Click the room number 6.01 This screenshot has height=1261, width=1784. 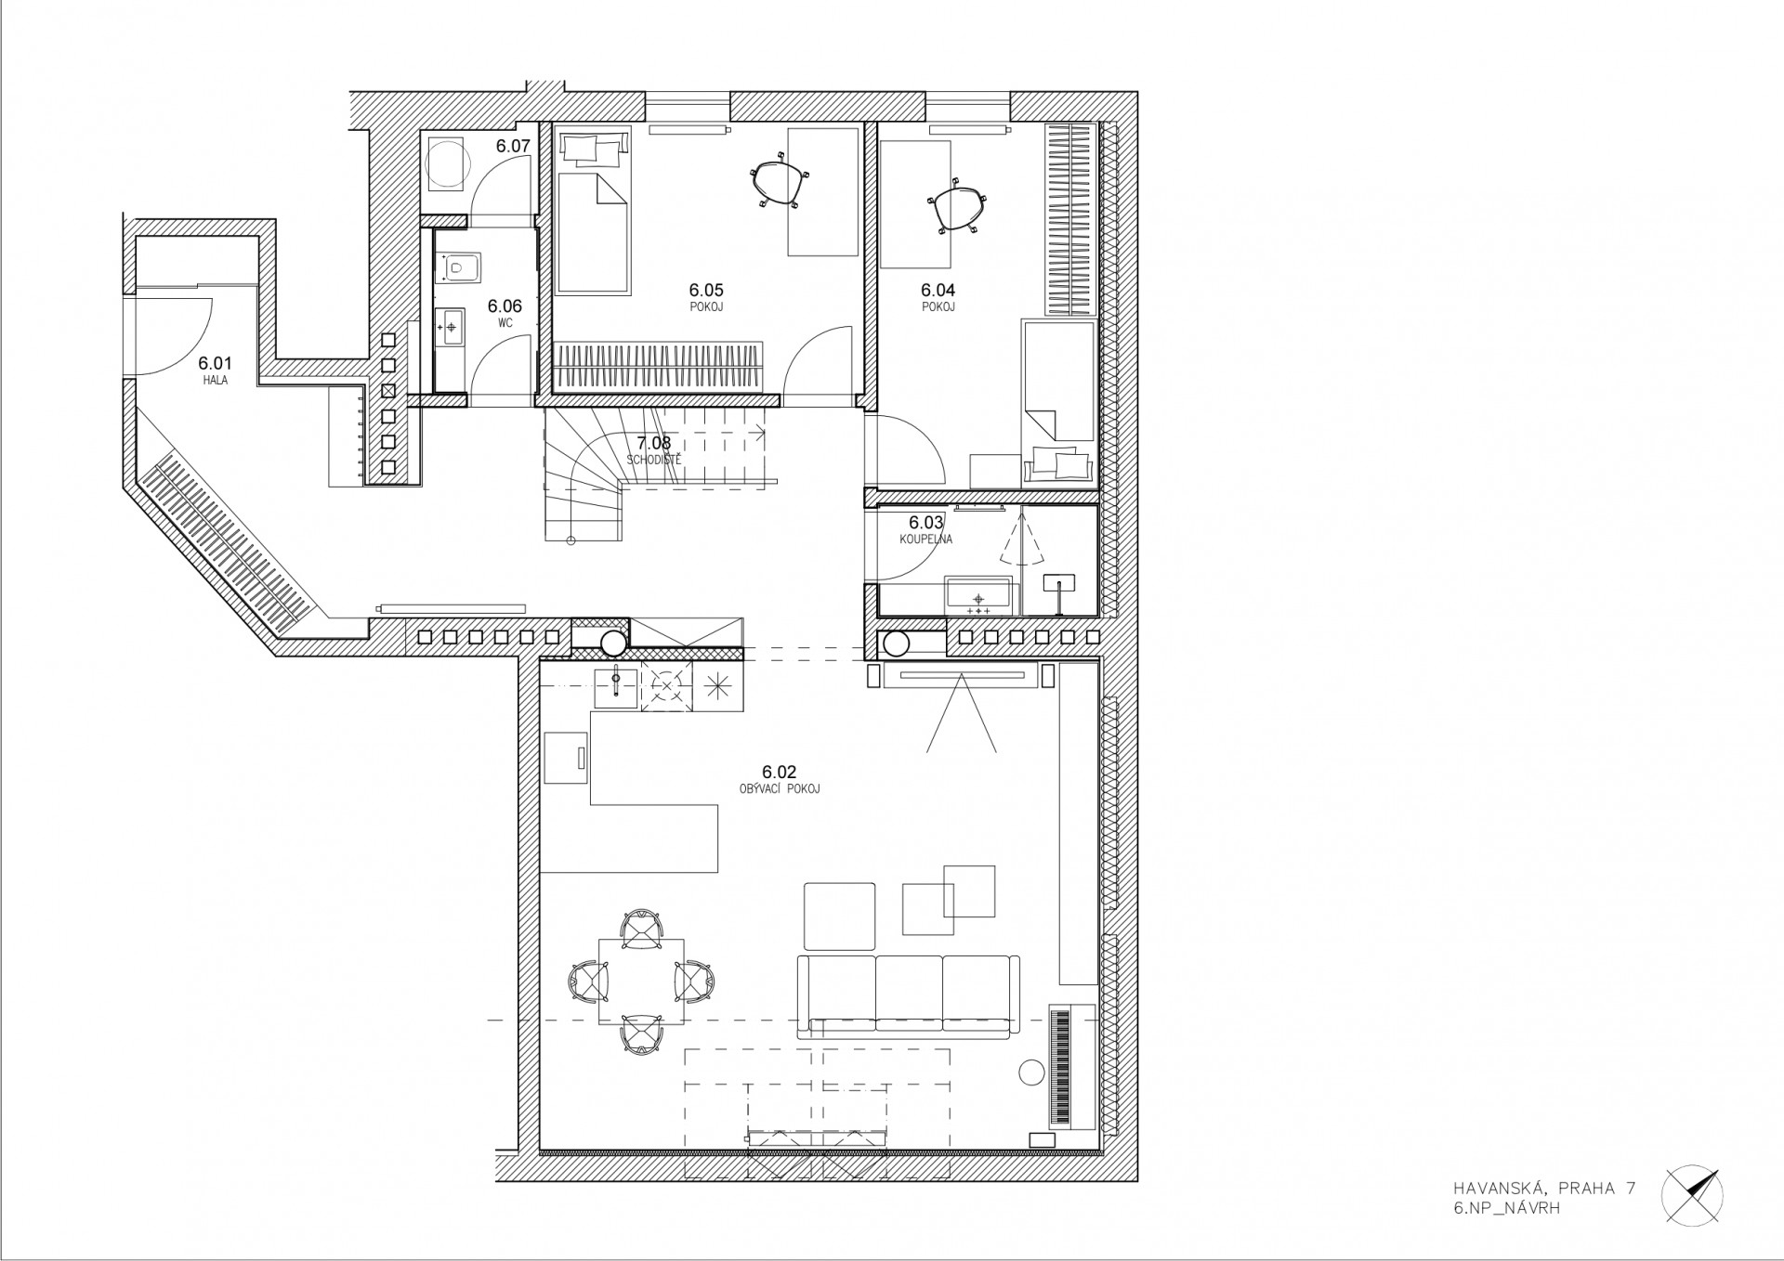coord(214,364)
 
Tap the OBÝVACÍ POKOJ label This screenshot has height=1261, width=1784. coord(779,789)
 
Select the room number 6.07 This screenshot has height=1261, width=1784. coord(512,146)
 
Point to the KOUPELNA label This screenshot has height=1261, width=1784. coord(925,539)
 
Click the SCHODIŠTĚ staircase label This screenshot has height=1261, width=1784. coord(653,460)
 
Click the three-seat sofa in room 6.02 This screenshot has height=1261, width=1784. coord(908,994)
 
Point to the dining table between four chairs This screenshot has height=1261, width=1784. coord(641,981)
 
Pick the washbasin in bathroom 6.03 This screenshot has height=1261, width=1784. coord(978,595)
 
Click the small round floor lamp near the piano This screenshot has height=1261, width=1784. coord(1032,1072)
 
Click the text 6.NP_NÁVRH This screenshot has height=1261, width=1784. coord(1508,1234)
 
